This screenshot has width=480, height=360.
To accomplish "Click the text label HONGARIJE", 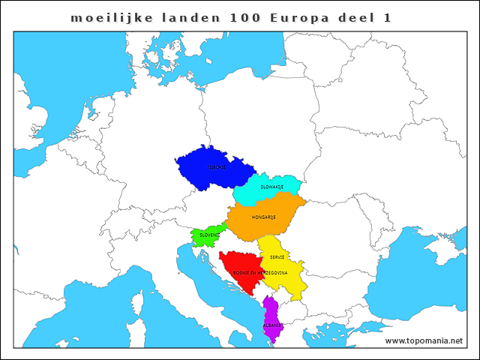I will click(x=264, y=217).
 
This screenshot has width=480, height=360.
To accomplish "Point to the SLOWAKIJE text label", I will click(x=271, y=186).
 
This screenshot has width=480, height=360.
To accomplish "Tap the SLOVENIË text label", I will click(x=209, y=235).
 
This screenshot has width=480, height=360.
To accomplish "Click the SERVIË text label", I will click(x=277, y=256).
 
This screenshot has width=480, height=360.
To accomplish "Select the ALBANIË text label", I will click(x=273, y=325).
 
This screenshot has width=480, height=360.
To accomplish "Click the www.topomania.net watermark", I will click(x=424, y=341).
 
